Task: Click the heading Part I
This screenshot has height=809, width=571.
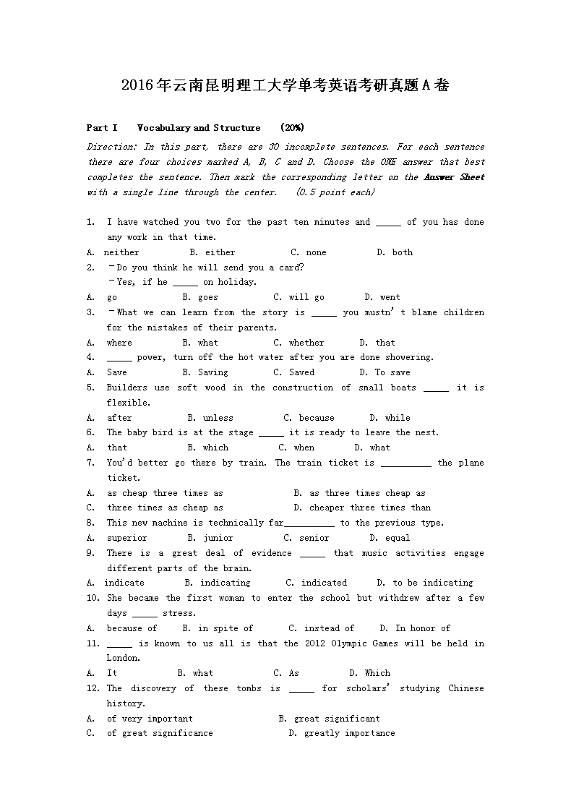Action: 102,128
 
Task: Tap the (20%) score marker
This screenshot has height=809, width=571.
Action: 292,128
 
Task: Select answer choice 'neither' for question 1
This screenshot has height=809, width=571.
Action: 121,252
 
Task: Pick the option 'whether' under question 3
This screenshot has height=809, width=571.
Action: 306,343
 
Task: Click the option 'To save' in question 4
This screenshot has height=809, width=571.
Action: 392,372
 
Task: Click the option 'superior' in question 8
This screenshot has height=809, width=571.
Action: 126,538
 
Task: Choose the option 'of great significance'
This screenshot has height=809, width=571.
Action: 160,733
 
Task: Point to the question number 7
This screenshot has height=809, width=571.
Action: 90,463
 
